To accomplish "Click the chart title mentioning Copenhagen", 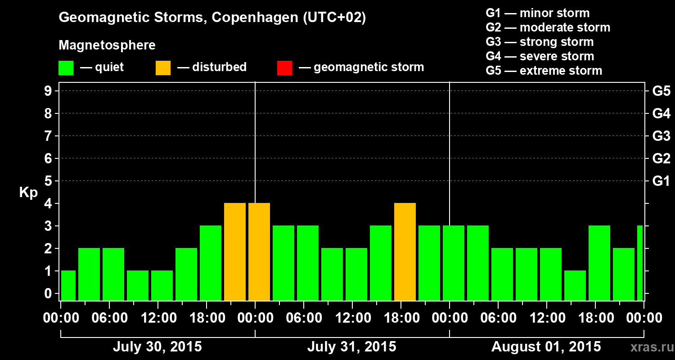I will tap(212, 18).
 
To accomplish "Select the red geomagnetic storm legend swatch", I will tap(284, 67).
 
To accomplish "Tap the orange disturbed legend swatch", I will tap(163, 67).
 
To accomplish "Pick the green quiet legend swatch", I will tap(66, 67).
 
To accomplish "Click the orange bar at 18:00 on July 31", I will tap(405, 252).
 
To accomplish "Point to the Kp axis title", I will tap(28, 193).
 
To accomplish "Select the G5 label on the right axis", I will tap(661, 91).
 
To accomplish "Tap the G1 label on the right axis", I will tap(661, 181).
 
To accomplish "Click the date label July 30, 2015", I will tap(157, 347).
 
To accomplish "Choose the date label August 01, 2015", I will tap(546, 347).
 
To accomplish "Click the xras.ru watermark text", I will tap(649, 347).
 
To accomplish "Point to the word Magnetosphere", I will tap(107, 45).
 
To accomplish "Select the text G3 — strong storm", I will tap(540, 42).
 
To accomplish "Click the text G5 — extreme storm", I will tap(544, 71).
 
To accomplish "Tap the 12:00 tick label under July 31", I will tap(353, 318).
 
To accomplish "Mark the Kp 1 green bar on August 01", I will tap(575, 285).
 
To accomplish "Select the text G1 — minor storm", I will tap(537, 13).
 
